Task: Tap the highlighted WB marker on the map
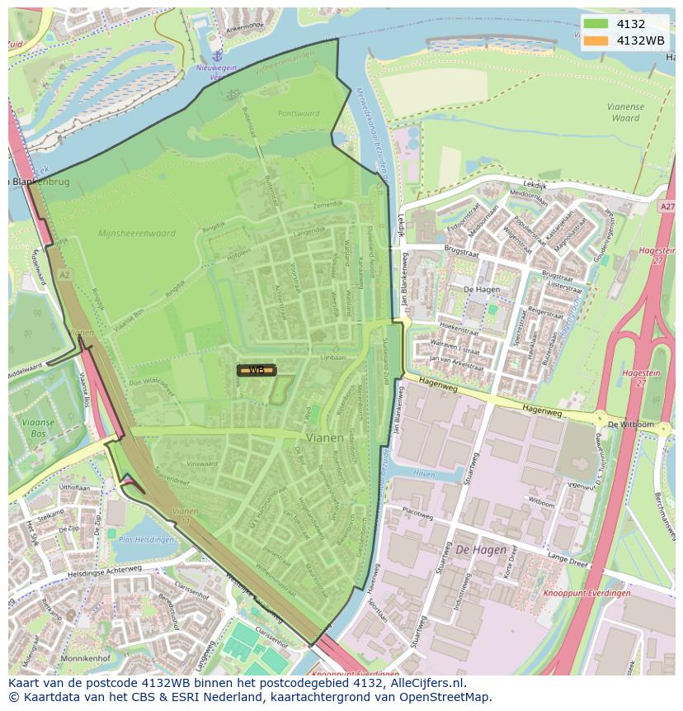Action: (x=257, y=370)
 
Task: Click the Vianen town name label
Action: (x=325, y=438)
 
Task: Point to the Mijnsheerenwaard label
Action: (x=137, y=234)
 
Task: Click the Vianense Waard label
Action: (x=625, y=112)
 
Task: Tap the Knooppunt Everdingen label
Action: (x=587, y=593)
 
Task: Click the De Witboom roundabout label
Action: (x=630, y=424)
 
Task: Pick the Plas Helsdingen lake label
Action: (x=147, y=540)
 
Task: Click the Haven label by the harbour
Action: (x=424, y=475)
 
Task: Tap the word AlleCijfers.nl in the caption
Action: (x=428, y=683)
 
